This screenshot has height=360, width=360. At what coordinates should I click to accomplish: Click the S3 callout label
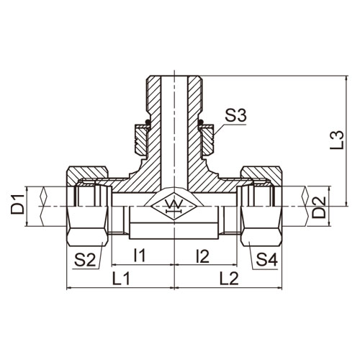click(x=235, y=117)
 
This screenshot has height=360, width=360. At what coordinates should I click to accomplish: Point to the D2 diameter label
click(x=318, y=207)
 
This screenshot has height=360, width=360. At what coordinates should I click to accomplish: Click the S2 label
click(x=85, y=260)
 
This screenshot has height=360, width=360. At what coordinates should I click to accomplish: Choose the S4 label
click(x=266, y=260)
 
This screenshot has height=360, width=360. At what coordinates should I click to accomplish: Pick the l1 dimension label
click(x=140, y=255)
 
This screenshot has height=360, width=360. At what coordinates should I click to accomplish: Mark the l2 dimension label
click(x=203, y=256)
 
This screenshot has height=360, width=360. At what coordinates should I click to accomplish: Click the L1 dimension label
click(x=121, y=279)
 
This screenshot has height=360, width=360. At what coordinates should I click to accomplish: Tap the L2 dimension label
click(x=230, y=279)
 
